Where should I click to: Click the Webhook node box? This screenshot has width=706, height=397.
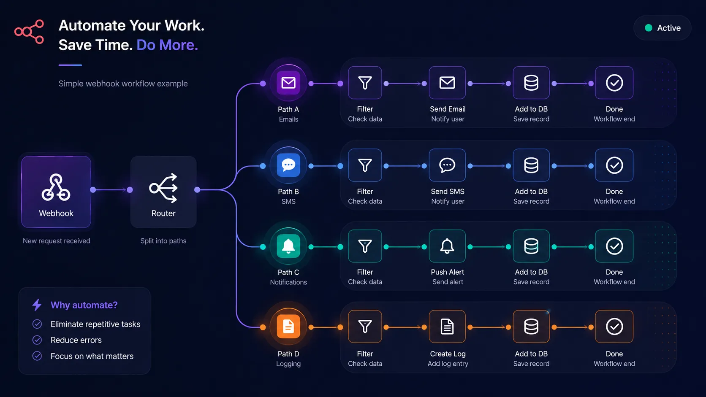[x=56, y=192]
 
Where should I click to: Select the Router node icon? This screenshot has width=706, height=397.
[x=163, y=188]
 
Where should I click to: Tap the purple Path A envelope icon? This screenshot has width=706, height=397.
[x=288, y=83]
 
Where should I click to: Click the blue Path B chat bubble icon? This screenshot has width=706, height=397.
[x=288, y=165]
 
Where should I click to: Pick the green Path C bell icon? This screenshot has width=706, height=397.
[x=288, y=246]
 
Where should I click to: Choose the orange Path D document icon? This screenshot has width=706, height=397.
[x=288, y=327]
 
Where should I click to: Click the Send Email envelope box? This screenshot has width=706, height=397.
[x=447, y=83]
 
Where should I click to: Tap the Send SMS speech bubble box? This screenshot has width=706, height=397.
[x=447, y=165]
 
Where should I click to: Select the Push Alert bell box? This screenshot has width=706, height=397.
[x=447, y=246]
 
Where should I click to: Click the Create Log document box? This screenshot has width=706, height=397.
[x=447, y=327]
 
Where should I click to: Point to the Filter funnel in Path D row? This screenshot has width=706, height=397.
[x=365, y=327]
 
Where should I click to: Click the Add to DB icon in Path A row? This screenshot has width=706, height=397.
[x=531, y=83]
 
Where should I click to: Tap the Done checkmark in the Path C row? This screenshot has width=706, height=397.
[x=614, y=246]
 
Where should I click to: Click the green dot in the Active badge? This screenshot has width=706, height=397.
[x=648, y=28]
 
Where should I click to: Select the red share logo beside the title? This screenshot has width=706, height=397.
[x=29, y=32]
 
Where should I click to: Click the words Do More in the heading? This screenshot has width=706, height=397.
[x=167, y=45]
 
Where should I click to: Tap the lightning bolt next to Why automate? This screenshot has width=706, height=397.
[x=37, y=305]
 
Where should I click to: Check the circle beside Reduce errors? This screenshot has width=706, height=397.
[x=37, y=340]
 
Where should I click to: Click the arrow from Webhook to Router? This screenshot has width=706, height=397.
[x=111, y=190]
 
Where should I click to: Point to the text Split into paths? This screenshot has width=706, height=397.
[x=163, y=241]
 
